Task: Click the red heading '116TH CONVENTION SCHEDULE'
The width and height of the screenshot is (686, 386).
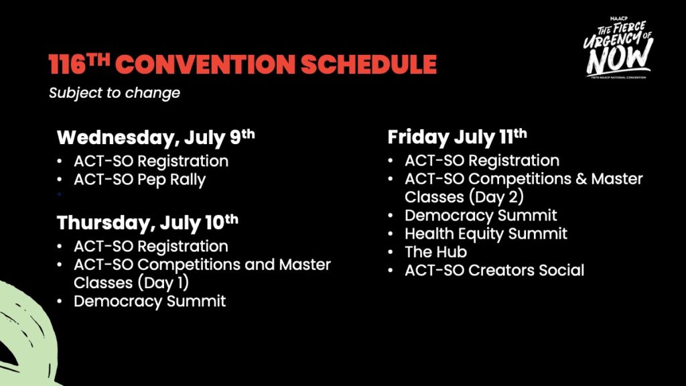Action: click(243, 64)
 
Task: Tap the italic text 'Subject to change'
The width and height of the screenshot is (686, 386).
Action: click(115, 92)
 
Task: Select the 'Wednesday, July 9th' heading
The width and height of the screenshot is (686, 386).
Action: click(155, 137)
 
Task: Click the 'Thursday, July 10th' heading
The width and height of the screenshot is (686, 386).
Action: click(147, 222)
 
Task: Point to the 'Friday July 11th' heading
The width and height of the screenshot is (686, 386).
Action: click(457, 137)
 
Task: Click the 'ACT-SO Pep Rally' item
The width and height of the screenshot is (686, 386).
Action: click(139, 180)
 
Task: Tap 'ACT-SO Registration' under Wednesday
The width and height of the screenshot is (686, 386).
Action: click(151, 161)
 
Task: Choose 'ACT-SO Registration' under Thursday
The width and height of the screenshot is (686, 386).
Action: click(151, 247)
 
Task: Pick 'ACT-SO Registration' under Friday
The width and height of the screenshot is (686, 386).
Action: click(482, 161)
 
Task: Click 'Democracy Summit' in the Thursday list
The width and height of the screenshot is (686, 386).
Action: click(149, 301)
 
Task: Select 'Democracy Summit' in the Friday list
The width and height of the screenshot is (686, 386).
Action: click(481, 215)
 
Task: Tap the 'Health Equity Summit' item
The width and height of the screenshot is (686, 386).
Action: click(486, 234)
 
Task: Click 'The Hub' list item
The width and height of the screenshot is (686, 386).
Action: click(435, 252)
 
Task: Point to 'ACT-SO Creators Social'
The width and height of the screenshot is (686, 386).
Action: click(494, 271)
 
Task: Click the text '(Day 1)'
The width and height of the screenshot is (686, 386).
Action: click(163, 283)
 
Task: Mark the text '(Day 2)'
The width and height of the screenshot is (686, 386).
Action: click(496, 197)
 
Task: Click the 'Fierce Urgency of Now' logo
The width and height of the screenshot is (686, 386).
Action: click(618, 48)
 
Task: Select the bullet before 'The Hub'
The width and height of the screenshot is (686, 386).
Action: click(391, 253)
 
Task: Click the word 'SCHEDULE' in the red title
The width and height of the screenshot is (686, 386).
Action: click(369, 64)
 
